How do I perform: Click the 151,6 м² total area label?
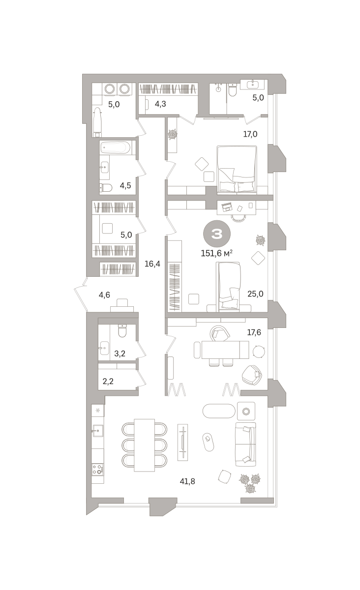[216, 253]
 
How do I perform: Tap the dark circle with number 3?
[217, 234]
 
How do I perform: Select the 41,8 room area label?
[187, 481]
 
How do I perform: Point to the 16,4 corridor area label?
[152, 264]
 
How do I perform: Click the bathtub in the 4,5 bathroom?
[116, 147]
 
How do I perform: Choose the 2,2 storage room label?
[108, 381]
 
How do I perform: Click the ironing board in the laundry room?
[97, 122]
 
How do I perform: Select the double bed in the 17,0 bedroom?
[237, 169]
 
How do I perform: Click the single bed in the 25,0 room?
[228, 287]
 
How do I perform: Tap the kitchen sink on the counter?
[98, 431]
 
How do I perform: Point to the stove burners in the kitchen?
[98, 470]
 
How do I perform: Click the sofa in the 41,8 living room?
[245, 444]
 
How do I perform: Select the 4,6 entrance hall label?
[104, 295]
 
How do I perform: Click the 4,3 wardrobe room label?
[160, 104]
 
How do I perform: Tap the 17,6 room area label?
[254, 332]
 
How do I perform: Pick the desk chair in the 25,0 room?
[239, 218]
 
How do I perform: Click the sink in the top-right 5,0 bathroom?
[252, 84]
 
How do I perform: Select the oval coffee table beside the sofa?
[208, 442]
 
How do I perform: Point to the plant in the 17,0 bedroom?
[173, 134]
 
